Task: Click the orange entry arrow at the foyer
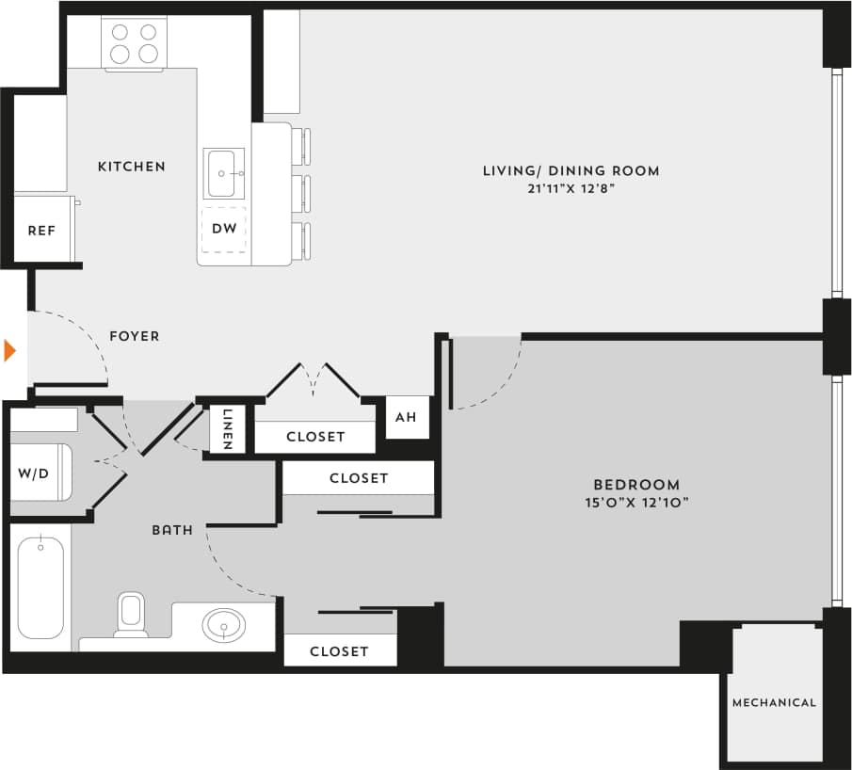click(x=10, y=351)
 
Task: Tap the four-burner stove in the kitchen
click(x=134, y=43)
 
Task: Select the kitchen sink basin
click(x=224, y=173)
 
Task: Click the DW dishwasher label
click(x=224, y=228)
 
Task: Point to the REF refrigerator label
click(x=41, y=230)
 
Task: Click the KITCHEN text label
click(x=132, y=167)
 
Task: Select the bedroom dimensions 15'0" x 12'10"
click(x=636, y=503)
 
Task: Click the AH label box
click(x=406, y=416)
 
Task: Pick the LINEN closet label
click(x=228, y=429)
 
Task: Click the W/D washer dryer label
click(x=33, y=473)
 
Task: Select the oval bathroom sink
click(x=224, y=624)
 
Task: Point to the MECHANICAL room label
click(x=774, y=702)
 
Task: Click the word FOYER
click(x=135, y=336)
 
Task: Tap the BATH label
click(x=172, y=530)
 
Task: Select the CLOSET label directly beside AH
click(x=315, y=437)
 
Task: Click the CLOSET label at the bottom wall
click(x=339, y=650)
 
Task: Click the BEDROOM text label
click(x=636, y=485)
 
